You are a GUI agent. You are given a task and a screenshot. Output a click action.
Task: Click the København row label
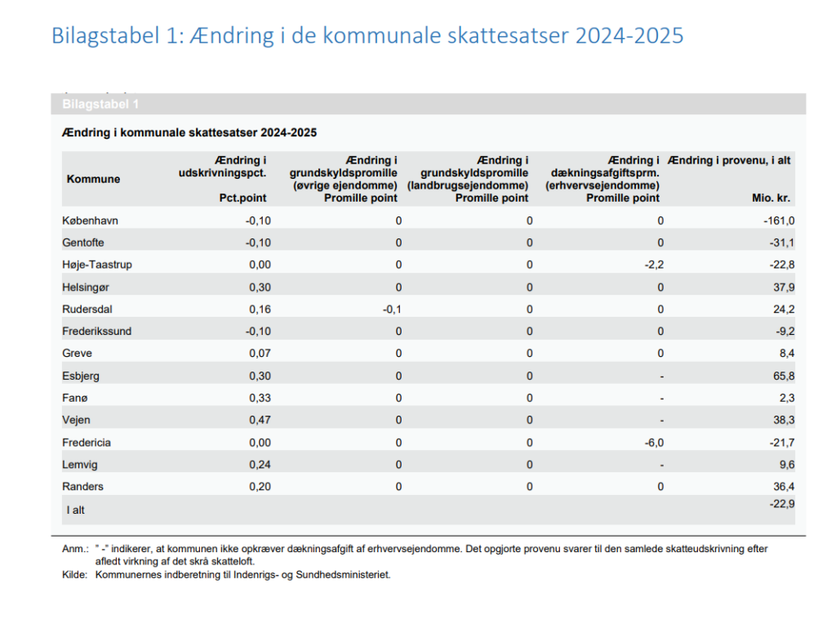(90, 221)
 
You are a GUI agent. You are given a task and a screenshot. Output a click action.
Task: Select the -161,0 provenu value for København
(779, 221)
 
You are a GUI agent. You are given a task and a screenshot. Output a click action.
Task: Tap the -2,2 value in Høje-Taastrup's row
(654, 265)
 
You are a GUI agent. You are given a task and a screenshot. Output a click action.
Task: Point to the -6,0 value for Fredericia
(654, 443)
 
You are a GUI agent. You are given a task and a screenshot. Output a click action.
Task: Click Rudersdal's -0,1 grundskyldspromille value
(392, 310)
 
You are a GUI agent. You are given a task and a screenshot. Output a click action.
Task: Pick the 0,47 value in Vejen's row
(260, 420)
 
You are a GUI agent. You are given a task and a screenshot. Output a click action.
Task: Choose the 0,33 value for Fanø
(260, 398)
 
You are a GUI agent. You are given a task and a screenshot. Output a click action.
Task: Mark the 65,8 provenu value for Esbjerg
(784, 376)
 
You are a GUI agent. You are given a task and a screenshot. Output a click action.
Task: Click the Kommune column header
(93, 179)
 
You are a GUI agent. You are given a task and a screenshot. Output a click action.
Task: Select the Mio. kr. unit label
(771, 198)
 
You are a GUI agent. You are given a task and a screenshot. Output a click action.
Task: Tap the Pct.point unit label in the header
(242, 198)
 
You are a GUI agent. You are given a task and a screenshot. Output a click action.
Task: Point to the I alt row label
(76, 510)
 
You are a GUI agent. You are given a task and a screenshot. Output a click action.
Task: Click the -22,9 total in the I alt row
(782, 504)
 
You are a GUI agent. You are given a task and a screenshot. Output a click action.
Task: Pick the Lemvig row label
(80, 465)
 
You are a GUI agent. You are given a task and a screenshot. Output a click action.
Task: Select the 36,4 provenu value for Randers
(784, 486)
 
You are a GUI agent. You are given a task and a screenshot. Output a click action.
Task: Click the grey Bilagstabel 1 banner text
(100, 104)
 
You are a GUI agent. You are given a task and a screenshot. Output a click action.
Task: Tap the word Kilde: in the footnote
(74, 575)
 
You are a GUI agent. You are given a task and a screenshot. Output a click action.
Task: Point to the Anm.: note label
(75, 549)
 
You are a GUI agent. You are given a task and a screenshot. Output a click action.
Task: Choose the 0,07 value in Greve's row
(260, 354)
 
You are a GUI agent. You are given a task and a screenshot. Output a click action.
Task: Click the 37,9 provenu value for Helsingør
(784, 288)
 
